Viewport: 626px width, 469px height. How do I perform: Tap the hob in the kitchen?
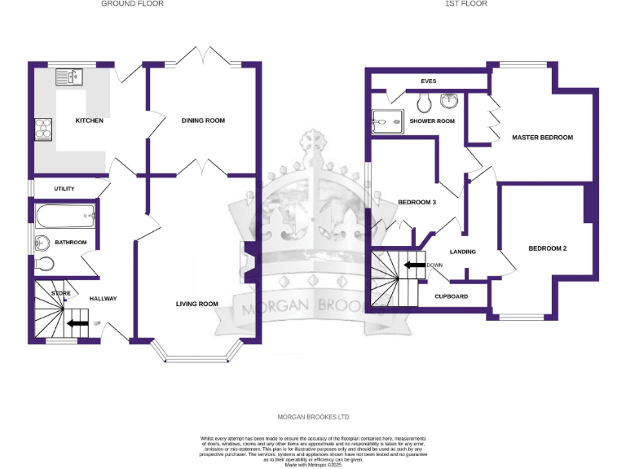pos(43,129)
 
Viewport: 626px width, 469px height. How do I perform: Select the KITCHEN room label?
pos(90,121)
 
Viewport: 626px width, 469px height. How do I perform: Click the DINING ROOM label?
pos(203,121)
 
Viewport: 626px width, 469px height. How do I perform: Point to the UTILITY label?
pos(64,189)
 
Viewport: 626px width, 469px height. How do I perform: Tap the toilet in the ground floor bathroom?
pos(46,263)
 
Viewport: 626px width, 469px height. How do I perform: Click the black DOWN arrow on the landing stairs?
pos(415,265)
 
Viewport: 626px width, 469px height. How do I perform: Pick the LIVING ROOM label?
pos(197,304)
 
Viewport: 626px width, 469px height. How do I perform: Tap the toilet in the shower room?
pos(423,103)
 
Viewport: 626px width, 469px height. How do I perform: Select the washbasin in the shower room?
pos(449,102)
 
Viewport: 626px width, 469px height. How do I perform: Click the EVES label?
pos(428,81)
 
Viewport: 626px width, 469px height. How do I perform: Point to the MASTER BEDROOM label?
pos(542,138)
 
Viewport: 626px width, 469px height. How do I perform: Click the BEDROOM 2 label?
pos(547,248)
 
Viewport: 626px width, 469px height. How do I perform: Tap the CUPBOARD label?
pos(451,296)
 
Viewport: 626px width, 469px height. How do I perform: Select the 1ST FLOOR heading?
pos(465,4)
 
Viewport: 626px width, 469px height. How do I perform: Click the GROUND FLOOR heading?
pos(132,4)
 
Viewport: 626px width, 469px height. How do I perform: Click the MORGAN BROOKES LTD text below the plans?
pos(313,417)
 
